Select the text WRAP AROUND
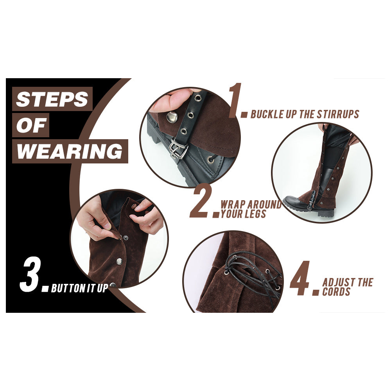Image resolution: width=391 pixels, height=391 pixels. tap(251, 204)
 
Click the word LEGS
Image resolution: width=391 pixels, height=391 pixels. tap(255, 214)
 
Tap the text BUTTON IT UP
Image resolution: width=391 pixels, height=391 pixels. tap(79, 289)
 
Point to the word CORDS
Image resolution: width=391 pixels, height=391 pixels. tap(336, 292)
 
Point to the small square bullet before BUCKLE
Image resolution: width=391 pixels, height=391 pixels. tap(245, 115)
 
